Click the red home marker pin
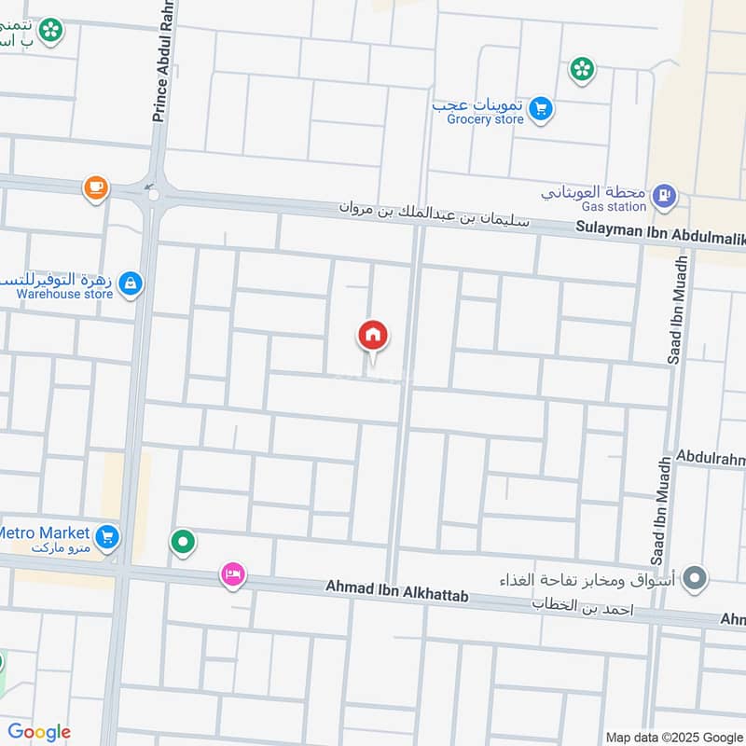click(373, 335)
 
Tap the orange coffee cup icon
click(95, 187)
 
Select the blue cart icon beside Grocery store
click(540, 110)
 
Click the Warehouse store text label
click(64, 295)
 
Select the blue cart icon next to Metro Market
click(108, 536)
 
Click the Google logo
click(39, 732)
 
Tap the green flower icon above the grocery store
click(583, 68)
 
